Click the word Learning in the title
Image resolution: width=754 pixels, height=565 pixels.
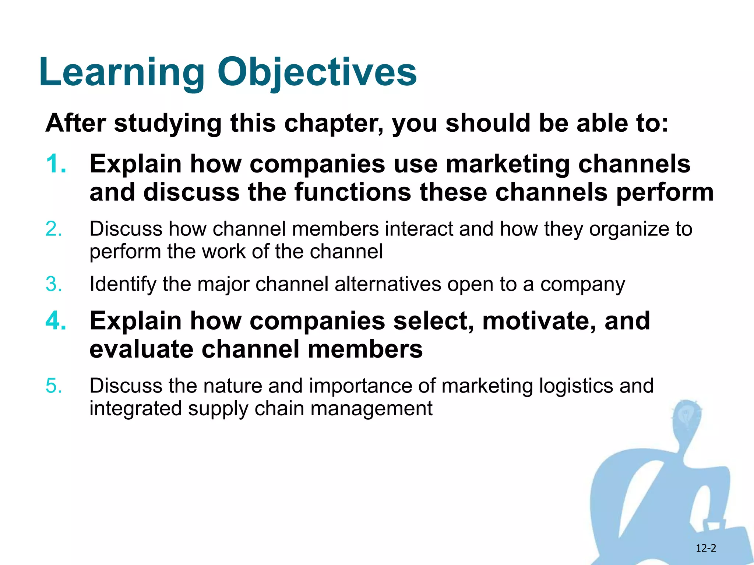121,72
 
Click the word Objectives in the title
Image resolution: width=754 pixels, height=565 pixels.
317,72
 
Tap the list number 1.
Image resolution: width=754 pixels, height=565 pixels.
56,164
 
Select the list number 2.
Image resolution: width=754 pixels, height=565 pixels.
54,229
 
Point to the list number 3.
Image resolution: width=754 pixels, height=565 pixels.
54,284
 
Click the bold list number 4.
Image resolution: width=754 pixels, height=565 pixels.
56,321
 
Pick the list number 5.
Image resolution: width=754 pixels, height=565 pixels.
54,386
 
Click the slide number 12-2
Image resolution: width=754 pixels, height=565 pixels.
706,548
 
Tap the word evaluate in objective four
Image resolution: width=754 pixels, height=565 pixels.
141,349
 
